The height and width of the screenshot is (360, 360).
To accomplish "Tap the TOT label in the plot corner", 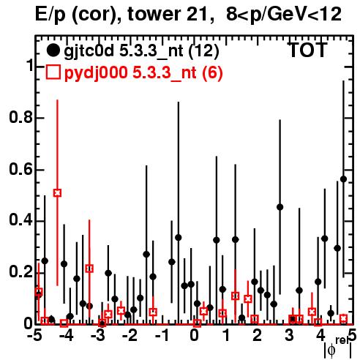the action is [x=307, y=50].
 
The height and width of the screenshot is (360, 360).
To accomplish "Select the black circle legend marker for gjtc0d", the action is [x=53, y=50].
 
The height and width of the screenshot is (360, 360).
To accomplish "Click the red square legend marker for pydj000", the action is [x=53, y=72].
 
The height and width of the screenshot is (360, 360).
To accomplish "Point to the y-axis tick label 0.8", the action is [x=21, y=117].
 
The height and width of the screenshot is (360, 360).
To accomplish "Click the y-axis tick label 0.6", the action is [x=21, y=169].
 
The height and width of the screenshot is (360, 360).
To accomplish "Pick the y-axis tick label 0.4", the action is [x=21, y=220].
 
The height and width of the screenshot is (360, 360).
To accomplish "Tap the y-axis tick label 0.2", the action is [x=21, y=271].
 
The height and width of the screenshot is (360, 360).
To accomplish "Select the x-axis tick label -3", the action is [x=97, y=336].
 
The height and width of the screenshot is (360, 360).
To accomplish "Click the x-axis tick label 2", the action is [x=257, y=336].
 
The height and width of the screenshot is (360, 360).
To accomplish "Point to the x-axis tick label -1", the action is [x=162, y=336].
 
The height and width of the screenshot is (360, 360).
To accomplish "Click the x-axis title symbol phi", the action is [x=331, y=350].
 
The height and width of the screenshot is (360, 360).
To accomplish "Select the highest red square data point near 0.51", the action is [x=57, y=193].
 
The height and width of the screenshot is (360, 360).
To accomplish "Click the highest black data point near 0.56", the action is [x=343, y=179].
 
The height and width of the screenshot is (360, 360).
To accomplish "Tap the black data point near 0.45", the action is [x=280, y=207].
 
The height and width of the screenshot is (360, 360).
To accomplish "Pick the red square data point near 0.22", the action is [x=89, y=269].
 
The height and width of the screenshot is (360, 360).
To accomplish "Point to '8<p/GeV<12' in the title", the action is [x=284, y=14].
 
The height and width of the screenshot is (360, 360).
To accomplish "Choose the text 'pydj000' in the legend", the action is [x=96, y=72].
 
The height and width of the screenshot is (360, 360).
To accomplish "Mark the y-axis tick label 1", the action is [x=29, y=66].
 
